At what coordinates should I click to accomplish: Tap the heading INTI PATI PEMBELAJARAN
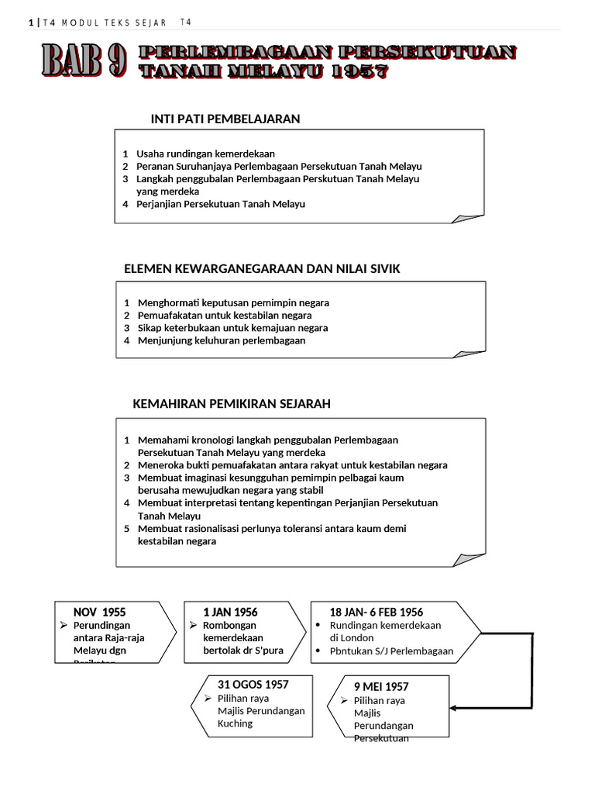(x=225, y=119)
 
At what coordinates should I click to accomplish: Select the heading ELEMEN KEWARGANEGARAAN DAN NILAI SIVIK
(x=262, y=268)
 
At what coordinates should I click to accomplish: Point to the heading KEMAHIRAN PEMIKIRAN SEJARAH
(x=232, y=404)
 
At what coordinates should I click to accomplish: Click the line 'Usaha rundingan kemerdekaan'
(x=205, y=154)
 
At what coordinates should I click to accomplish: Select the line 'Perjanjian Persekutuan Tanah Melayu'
(x=221, y=204)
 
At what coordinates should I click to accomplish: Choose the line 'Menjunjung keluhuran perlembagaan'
(x=222, y=340)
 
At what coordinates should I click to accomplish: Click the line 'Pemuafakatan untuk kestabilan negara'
(x=225, y=316)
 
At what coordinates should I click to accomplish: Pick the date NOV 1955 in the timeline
(x=99, y=613)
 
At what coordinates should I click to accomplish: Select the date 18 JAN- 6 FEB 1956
(x=377, y=613)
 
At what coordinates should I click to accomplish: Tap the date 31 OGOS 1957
(x=253, y=684)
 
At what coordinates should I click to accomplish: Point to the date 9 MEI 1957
(x=381, y=687)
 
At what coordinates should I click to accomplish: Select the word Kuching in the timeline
(x=236, y=723)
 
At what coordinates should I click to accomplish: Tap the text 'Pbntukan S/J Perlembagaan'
(x=391, y=651)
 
